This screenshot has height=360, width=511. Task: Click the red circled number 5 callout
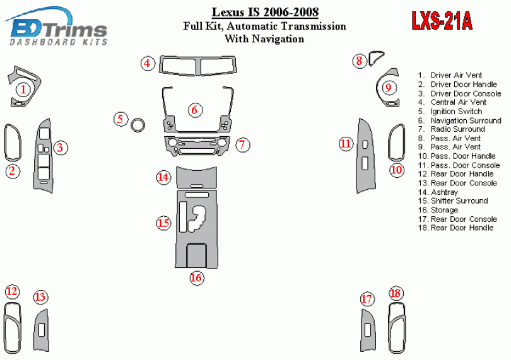pos(120,119)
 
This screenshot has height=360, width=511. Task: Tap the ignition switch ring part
pos(138,120)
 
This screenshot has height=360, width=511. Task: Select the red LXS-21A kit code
pos(442,21)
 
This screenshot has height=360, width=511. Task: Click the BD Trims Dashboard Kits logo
pos(56,26)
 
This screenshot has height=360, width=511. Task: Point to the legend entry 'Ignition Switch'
pos(450,112)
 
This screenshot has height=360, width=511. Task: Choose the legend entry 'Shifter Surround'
pos(453,200)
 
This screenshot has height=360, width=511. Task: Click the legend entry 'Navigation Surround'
pos(460,120)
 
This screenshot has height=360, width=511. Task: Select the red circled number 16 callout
pos(197,277)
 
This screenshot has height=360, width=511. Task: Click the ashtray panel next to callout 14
pos(196,177)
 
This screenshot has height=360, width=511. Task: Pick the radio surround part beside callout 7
pos(196,146)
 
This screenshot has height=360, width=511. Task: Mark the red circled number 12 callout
pos(12,291)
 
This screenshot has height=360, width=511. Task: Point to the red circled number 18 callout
pos(396,293)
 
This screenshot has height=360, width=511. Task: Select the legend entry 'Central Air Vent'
pos(452,102)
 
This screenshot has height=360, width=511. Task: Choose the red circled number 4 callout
pos(148,63)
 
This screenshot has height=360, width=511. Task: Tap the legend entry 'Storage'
pos(438,210)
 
